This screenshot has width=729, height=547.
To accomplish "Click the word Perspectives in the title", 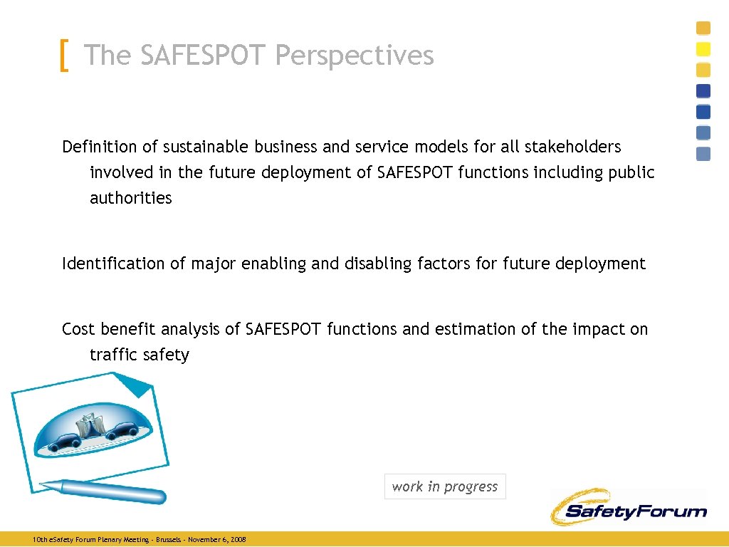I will [355, 56].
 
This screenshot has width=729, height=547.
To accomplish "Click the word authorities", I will [130, 198].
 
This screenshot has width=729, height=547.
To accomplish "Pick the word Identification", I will [113, 264].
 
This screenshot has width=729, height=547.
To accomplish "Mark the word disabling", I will [378, 264].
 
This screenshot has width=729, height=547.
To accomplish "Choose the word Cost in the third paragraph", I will [78, 329].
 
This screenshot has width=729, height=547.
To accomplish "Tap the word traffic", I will [112, 355].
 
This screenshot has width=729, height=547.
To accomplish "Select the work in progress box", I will [445, 486].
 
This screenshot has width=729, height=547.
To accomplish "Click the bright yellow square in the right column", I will [703, 49].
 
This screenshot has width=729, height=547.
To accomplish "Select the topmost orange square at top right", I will [703, 28].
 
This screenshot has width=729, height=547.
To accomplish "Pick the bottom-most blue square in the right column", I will [703, 154].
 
